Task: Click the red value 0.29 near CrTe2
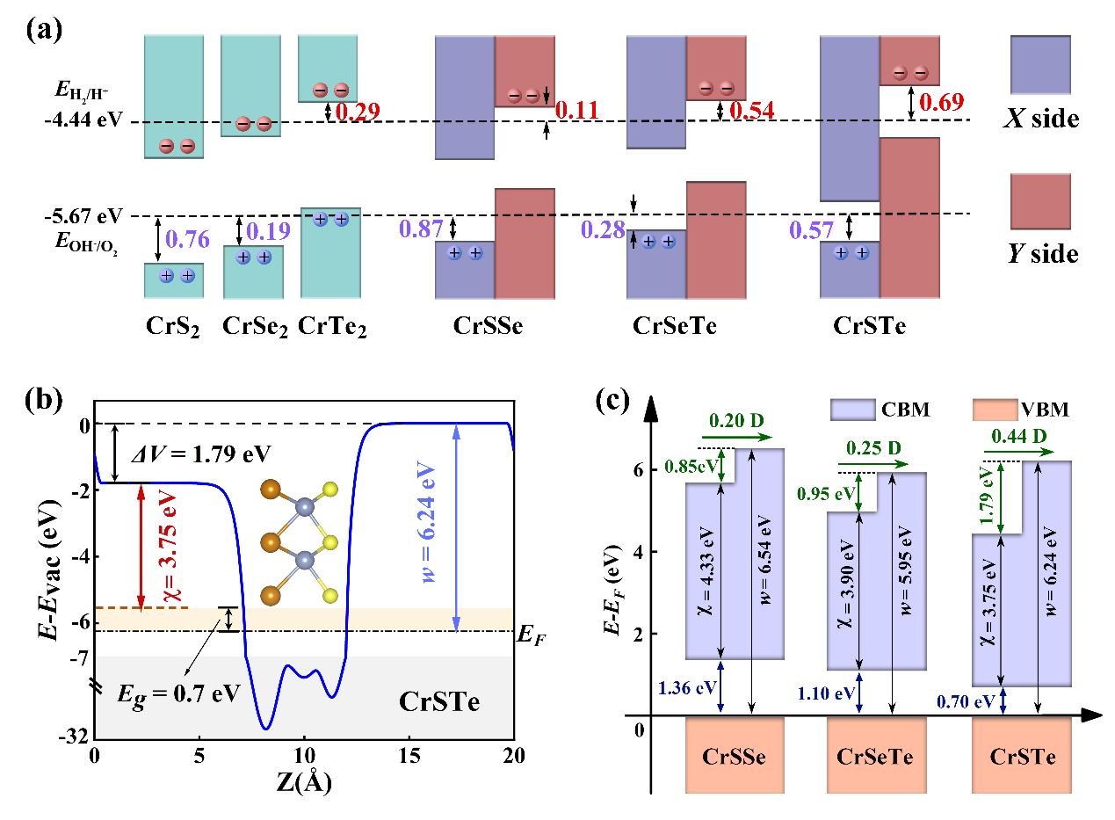coord(355,112)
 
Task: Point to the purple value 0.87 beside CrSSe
coord(420,229)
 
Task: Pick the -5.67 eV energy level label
coord(82,215)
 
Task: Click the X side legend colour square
coord(1040,64)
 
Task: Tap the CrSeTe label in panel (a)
coord(672,326)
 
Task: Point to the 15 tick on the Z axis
coord(409,755)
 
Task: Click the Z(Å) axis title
coord(303,781)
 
